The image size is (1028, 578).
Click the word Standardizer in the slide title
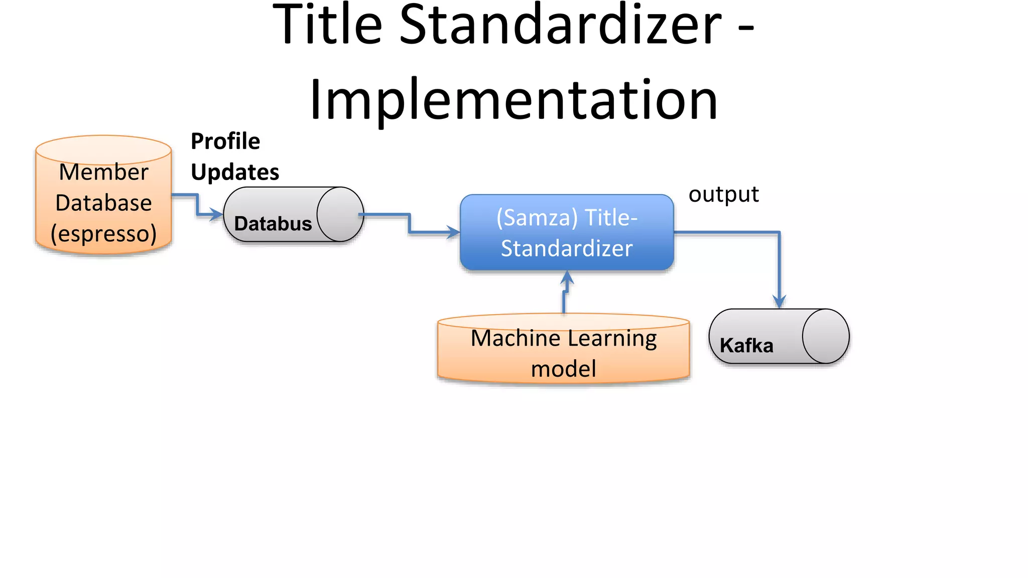tap(560, 25)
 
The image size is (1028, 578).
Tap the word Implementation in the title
tap(513, 100)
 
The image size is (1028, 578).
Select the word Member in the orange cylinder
tap(103, 172)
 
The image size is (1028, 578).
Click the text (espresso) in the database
tap(103, 234)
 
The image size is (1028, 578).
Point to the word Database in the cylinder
tap(103, 203)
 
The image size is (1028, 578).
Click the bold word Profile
tap(225, 141)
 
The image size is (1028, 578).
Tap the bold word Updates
tap(235, 172)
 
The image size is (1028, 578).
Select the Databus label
tap(273, 224)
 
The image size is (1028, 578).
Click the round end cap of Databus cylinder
tap(340, 214)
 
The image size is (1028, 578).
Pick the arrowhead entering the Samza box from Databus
tap(454, 232)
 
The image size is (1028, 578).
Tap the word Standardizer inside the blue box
tap(567, 248)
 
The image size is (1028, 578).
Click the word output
tap(723, 195)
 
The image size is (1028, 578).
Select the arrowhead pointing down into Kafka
tap(779, 302)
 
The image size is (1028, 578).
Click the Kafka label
tap(746, 346)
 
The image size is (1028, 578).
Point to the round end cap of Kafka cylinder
tap(826, 336)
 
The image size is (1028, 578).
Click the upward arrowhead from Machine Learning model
tap(567, 278)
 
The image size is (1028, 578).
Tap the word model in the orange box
tap(564, 369)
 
